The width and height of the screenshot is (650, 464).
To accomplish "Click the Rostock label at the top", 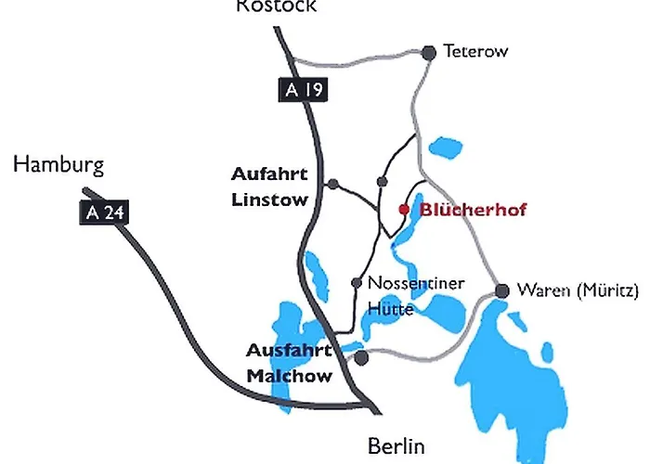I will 276,6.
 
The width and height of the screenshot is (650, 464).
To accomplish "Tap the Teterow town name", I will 475,52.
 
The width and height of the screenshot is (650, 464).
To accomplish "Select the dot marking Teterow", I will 429,53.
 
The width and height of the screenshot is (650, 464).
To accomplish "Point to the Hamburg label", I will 58,166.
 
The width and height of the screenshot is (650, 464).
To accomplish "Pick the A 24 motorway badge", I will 102,213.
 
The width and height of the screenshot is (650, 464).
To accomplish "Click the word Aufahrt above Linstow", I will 269,174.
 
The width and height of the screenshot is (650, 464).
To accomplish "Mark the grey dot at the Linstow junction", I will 333,183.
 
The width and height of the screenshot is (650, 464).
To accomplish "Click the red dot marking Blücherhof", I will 403,210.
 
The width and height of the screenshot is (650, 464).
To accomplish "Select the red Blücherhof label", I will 473,210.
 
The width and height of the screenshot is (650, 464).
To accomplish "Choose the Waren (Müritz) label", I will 578,290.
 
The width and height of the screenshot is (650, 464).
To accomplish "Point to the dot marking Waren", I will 502,291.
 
